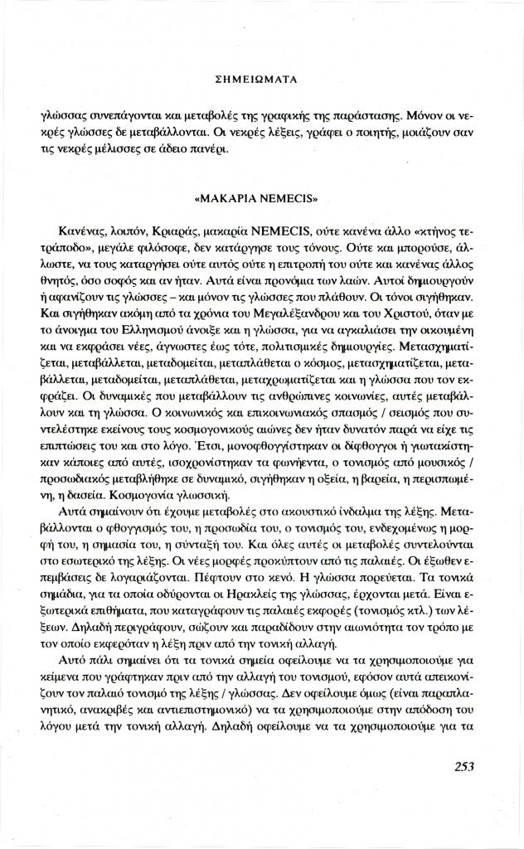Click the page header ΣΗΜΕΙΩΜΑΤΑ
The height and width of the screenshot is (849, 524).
261,80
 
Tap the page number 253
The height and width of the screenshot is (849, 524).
464,766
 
